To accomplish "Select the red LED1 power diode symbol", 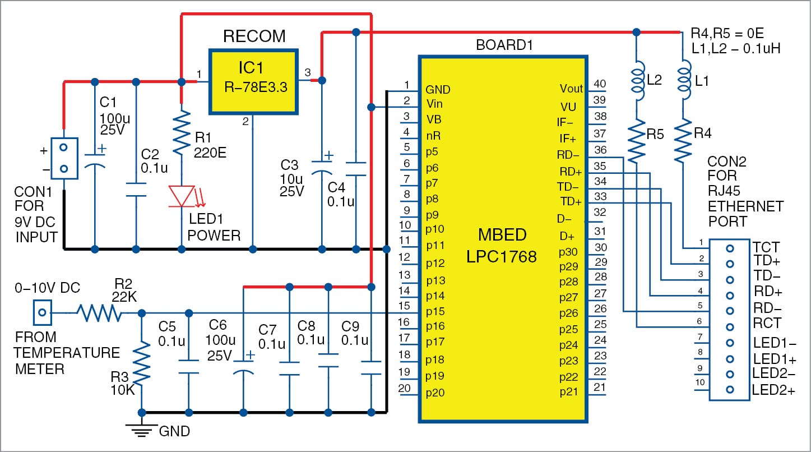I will tap(182, 196).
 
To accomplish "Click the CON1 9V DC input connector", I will tap(64, 158).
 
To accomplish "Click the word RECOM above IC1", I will tap(254, 37).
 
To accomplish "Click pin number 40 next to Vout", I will tap(599, 84).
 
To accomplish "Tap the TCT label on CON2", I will tap(766, 247).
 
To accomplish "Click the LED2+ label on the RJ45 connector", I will tap(773, 390).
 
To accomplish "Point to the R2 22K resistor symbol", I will tap(99, 313).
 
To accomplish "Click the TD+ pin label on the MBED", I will tap(571, 201).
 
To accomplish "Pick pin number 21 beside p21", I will tap(600, 387).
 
